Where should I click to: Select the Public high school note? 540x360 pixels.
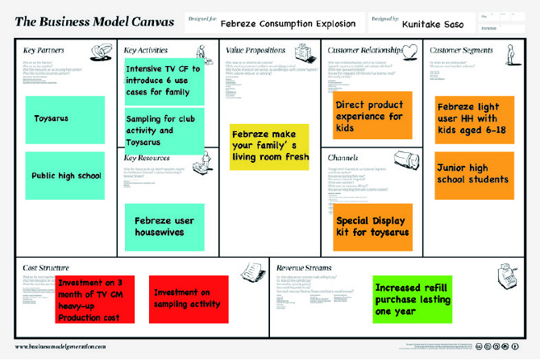64,176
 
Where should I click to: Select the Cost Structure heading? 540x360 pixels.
46,267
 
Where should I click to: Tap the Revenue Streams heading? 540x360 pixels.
304,267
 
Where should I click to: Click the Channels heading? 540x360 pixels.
343,159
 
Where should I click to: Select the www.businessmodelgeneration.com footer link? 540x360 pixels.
60,346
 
